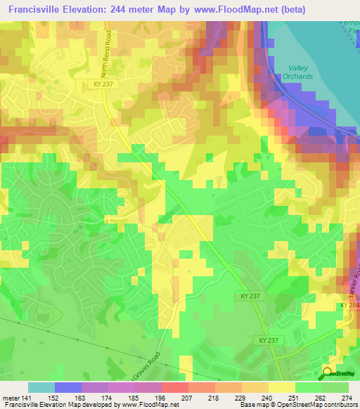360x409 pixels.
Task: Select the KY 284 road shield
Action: (x=349, y=305)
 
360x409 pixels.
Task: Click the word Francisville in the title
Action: (x=34, y=9)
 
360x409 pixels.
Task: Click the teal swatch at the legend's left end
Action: (x=41, y=387)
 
